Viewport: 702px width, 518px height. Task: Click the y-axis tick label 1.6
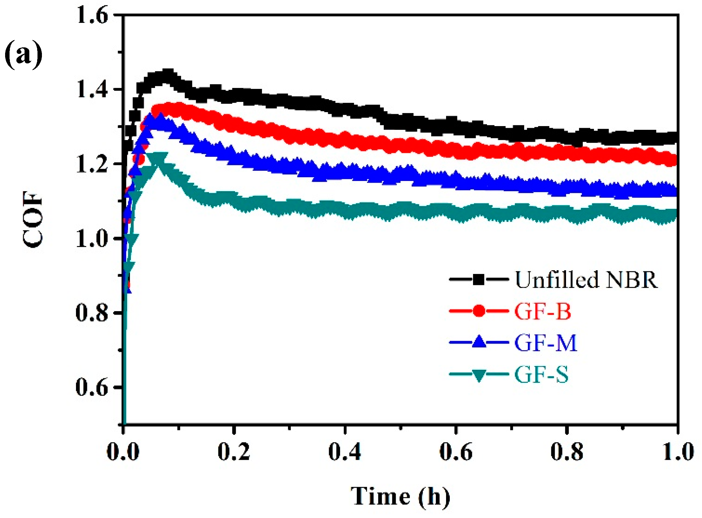click(x=92, y=16)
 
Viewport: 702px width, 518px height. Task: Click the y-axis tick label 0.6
click(x=92, y=387)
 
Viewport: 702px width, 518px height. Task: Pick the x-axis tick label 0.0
click(x=123, y=452)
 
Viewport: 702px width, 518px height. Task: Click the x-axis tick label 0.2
click(x=234, y=452)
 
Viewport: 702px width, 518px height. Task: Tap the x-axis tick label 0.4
click(x=345, y=452)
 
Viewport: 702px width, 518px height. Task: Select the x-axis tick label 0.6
click(x=456, y=452)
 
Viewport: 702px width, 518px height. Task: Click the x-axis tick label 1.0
click(x=677, y=452)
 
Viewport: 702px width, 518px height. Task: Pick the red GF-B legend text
click(x=543, y=311)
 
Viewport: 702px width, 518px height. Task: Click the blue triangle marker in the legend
click(x=479, y=342)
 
